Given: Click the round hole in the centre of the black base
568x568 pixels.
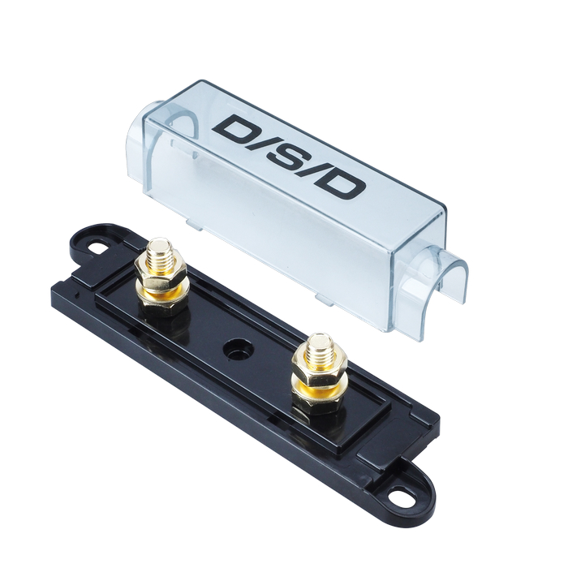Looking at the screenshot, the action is click(x=238, y=350).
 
